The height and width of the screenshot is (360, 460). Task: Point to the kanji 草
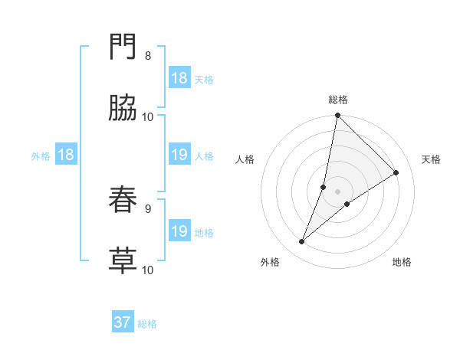pos(123,260)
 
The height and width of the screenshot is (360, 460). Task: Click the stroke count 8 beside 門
pos(148,56)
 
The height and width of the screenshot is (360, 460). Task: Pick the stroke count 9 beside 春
pos(148,208)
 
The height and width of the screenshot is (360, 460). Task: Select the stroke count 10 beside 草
pos(148,270)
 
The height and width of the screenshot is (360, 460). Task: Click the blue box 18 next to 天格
pos(179,78)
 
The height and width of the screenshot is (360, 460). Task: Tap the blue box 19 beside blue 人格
pos(179,155)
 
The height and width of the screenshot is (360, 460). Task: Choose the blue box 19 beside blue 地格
pos(179,231)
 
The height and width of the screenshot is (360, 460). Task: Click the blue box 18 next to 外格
pos(66,155)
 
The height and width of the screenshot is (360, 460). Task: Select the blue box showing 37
pos(123,322)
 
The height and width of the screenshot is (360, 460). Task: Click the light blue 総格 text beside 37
pos(147,324)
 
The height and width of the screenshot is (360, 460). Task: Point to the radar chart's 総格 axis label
pos(338,100)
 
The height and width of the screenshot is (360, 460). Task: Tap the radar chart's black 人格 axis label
pos(245,159)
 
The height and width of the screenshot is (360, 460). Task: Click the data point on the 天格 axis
pos(396,173)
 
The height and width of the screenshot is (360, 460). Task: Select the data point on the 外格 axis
pos(302,242)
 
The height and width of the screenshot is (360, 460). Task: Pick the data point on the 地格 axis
pos(347,204)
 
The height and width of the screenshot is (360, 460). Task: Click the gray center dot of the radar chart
pos(338,191)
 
